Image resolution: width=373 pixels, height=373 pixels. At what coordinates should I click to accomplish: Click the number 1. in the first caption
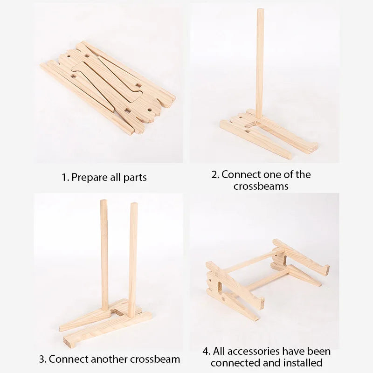66,178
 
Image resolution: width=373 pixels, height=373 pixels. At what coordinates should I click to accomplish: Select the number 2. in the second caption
215,175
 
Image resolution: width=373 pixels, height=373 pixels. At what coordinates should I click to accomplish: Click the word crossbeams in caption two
261,186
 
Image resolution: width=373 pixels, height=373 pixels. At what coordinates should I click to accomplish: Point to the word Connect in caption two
242,175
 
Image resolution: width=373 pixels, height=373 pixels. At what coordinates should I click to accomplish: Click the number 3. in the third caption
42,359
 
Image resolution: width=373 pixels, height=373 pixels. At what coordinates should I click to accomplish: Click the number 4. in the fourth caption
207,351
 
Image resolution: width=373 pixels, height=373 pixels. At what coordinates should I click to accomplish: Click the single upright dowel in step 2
260,65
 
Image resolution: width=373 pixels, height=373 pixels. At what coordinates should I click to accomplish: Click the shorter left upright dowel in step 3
104,252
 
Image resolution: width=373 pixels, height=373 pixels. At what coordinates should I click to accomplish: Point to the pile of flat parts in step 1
107,89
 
